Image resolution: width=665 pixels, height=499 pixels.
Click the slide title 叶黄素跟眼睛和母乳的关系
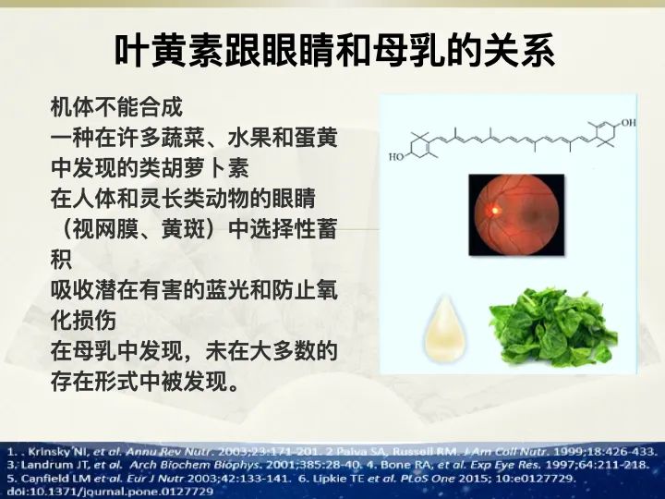click(334, 52)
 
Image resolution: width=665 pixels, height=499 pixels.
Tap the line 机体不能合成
click(116, 107)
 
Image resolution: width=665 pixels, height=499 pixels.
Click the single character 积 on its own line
click(62, 260)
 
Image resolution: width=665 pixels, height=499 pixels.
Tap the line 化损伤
click(83, 321)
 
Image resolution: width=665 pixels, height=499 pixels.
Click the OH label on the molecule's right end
click(628, 123)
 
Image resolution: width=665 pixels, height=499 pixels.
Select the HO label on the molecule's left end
click(396, 157)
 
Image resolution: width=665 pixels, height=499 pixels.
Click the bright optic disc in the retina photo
click(494, 210)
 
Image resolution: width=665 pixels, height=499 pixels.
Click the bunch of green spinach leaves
click(553, 328)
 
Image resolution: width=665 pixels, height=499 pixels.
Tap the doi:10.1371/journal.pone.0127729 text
click(110, 492)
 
